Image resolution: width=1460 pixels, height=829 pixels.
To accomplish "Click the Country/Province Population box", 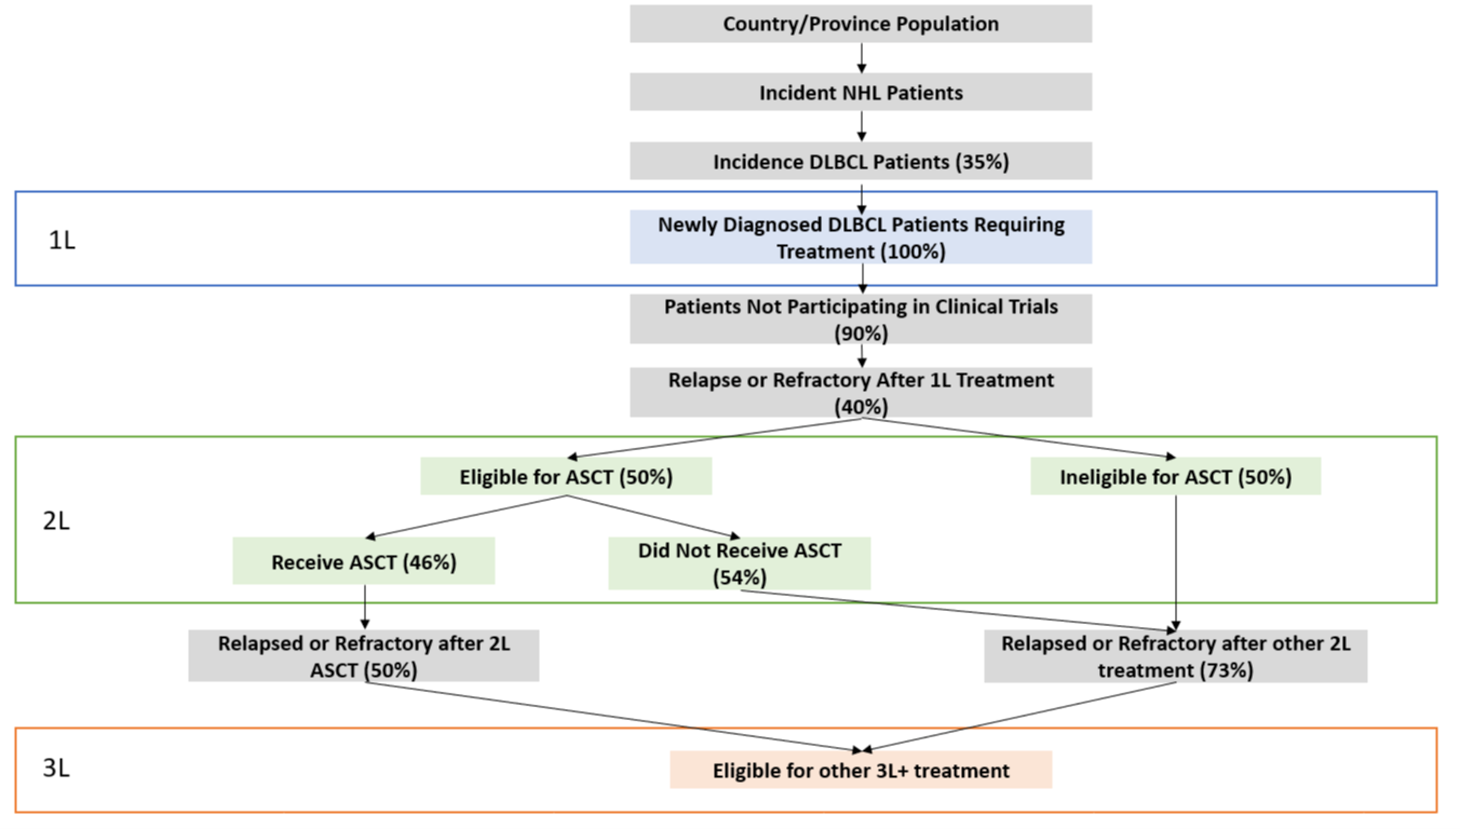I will (860, 24).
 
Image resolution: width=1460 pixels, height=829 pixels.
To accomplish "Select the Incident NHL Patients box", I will (860, 92).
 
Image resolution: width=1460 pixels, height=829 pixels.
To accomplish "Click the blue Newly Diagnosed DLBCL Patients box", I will (860, 237).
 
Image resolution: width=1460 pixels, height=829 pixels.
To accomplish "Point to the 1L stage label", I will (62, 240).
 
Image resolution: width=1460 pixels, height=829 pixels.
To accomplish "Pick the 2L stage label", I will (56, 521).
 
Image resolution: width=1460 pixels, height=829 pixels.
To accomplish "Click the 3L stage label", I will (56, 768).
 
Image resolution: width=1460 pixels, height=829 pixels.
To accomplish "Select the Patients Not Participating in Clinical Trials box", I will (860, 319).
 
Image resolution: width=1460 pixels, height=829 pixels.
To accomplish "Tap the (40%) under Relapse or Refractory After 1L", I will (861, 407).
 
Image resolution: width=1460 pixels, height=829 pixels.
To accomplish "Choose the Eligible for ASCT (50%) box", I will (565, 477).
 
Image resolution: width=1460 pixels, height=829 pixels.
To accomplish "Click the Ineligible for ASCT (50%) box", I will (1175, 477).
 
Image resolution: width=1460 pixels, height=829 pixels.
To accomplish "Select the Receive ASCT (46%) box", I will (363, 562).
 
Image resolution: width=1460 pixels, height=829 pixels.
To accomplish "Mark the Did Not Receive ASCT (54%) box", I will (739, 563).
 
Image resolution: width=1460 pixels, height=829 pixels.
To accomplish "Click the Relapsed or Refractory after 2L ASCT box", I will (363, 656).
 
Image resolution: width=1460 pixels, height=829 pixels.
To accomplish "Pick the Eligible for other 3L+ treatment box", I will (860, 770).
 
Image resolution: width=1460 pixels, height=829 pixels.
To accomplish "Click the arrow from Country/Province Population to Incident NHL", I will (862, 58).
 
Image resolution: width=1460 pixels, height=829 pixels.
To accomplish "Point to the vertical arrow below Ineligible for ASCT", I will (1176, 562).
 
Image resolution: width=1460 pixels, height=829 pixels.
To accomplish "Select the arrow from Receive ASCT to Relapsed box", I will (365, 607).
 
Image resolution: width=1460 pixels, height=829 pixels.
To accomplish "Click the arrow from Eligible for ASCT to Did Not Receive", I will (651, 517).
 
